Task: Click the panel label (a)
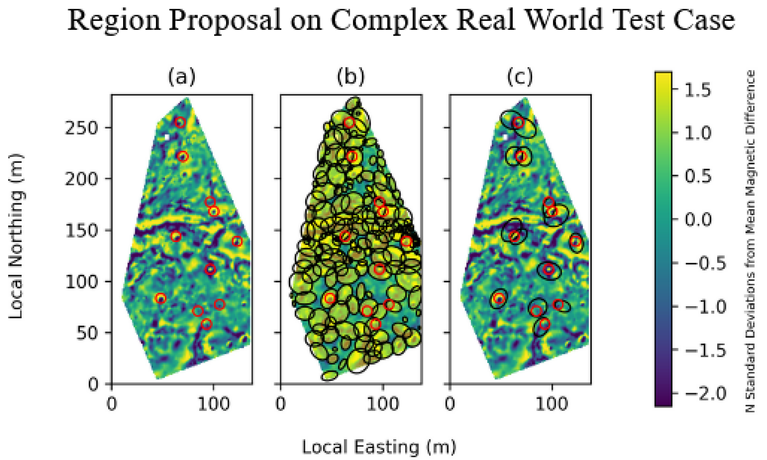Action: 182,77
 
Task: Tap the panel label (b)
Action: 351,77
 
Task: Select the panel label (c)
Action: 520,77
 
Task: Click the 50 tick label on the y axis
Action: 87,333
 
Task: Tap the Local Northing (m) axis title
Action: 16,236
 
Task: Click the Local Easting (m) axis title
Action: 379,447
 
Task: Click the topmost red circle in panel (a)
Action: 180,122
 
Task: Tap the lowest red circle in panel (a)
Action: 206,324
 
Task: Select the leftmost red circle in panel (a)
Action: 161,298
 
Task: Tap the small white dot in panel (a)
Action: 167,137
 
